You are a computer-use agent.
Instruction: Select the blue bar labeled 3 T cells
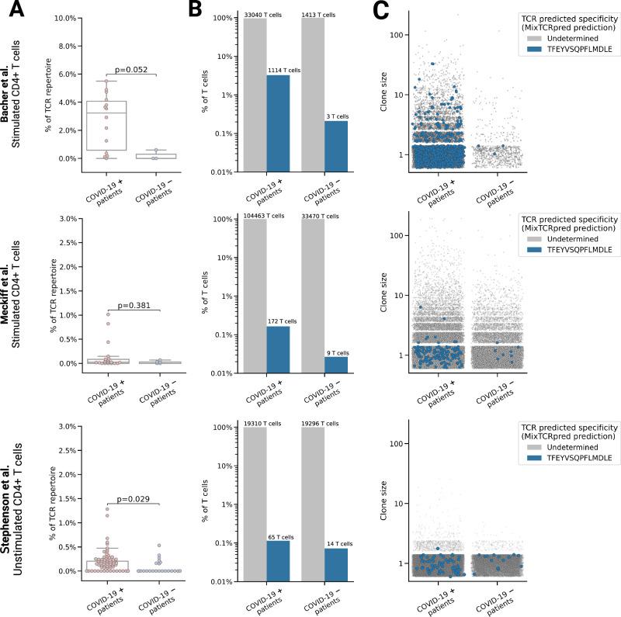pyautogui.click(x=336, y=145)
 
